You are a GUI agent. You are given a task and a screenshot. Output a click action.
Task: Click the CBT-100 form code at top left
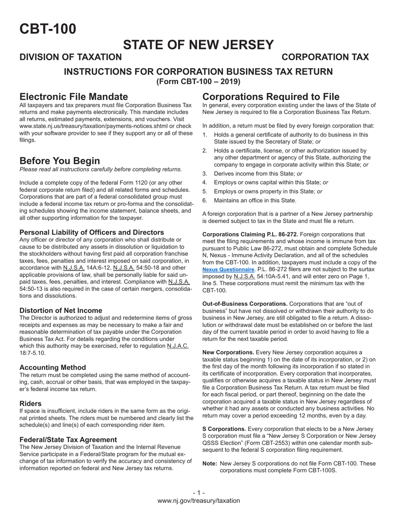tap(48, 29)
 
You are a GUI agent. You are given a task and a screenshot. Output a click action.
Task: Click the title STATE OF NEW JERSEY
tap(198, 45)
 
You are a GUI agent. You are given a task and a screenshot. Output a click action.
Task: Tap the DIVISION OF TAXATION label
tap(71, 57)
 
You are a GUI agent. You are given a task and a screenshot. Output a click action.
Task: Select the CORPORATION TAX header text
tap(325, 57)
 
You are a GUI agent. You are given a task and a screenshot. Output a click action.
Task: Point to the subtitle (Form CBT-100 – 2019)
tap(198, 81)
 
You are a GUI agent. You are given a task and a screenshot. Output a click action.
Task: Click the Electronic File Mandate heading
tap(74, 97)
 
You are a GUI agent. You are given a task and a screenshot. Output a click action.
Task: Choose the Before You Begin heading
tap(60, 161)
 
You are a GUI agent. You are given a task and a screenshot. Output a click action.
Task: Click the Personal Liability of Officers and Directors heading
tap(92, 232)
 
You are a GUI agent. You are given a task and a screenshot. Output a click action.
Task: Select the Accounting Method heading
tap(53, 367)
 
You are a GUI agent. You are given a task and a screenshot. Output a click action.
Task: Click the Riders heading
tap(31, 404)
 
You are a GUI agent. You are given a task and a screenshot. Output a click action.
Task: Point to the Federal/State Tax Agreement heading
tap(68, 440)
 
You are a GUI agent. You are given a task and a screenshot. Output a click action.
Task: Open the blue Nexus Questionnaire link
tap(228, 270)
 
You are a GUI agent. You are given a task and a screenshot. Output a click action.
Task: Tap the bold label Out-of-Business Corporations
tap(245, 304)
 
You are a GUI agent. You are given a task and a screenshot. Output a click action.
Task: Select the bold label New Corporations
tap(228, 352)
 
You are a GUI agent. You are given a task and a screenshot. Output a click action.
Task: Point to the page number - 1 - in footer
tap(198, 493)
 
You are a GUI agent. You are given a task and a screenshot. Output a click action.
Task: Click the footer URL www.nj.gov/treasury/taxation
tap(198, 501)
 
